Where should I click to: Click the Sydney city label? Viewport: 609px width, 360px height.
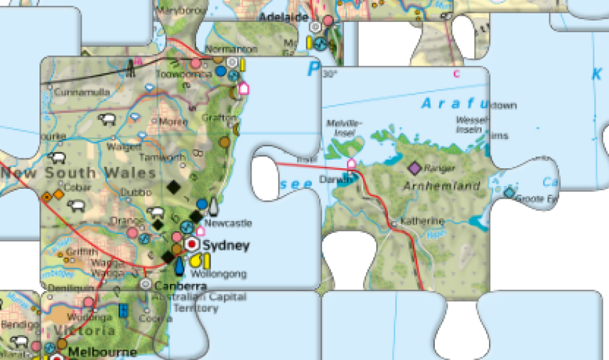pos(226,246)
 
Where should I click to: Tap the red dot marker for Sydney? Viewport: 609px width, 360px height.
pos(192,244)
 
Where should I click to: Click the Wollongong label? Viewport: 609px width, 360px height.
pos(219,274)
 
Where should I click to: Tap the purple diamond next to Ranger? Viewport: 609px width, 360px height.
pos(415,167)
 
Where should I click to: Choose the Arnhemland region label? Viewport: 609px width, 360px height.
pos(442,186)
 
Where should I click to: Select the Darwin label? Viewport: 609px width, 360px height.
pos(331,182)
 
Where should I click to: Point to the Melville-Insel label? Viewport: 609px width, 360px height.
pos(345,127)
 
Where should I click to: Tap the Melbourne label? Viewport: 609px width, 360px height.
pos(102,352)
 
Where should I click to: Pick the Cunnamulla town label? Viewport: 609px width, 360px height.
pos(82,93)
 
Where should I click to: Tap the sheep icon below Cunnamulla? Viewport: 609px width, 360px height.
pos(107,119)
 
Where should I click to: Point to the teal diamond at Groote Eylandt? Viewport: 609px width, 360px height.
pos(509,193)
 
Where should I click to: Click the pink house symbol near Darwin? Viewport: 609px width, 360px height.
pos(351,163)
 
